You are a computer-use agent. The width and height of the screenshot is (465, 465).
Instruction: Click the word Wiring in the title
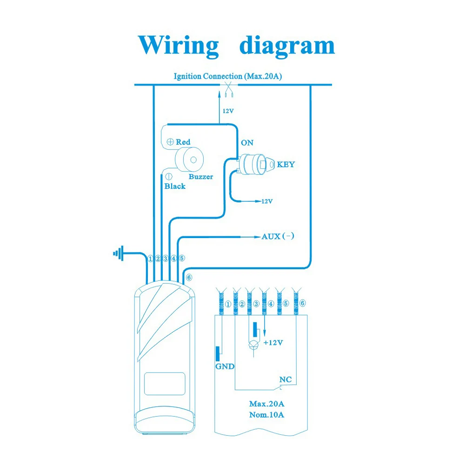coord(179,46)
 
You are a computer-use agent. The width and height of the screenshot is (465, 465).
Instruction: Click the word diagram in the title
coord(287,46)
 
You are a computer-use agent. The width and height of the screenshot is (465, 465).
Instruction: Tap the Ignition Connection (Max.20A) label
coord(228,76)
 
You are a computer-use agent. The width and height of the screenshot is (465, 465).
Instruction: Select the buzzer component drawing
coord(189,159)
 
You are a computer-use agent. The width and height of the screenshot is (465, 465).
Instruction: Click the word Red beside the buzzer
coord(183,142)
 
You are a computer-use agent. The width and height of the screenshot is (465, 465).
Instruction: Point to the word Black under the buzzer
coord(175,186)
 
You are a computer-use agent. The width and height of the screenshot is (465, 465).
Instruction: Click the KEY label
coord(286,164)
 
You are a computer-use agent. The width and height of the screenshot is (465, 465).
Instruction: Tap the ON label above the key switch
coord(247,143)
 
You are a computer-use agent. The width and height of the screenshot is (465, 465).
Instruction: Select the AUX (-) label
coord(278,236)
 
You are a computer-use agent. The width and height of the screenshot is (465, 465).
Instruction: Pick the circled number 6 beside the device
coord(189,278)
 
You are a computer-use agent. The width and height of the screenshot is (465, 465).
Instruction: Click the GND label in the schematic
coord(225,366)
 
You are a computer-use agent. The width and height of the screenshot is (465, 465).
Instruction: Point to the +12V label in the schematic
coord(273,343)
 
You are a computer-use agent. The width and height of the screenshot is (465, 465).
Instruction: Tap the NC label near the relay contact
coord(286,379)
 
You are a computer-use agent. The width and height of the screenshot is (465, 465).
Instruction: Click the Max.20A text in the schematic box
coord(266,404)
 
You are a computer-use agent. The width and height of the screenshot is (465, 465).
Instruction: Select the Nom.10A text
coord(266,415)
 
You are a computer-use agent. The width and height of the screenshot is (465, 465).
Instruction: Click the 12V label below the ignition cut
coord(228,111)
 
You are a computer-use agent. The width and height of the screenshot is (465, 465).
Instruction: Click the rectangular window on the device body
coord(165,384)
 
